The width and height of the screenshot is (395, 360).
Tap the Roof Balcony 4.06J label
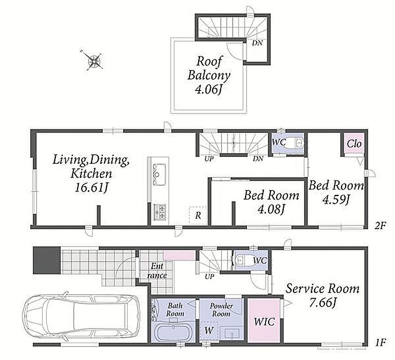pos(209,75)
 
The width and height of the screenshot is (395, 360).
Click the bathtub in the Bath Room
pos(173,332)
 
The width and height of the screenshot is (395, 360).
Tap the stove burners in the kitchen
pos(159,211)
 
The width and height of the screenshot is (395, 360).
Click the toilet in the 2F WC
pos(297,143)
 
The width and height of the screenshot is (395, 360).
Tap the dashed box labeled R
pos(198,215)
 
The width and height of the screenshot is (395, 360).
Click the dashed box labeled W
pos(209,331)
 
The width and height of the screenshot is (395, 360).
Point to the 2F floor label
pos(380,225)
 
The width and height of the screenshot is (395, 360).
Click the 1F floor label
pos(380,342)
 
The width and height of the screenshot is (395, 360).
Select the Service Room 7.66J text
pos(322,295)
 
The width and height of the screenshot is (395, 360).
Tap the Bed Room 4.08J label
pos(271,202)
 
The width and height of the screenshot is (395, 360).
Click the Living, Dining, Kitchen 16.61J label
pos(91,173)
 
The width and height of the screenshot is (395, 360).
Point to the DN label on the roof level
pos(257,43)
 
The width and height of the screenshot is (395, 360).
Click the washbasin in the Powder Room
pos(231,333)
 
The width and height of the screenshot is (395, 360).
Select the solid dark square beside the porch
pos(46,260)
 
